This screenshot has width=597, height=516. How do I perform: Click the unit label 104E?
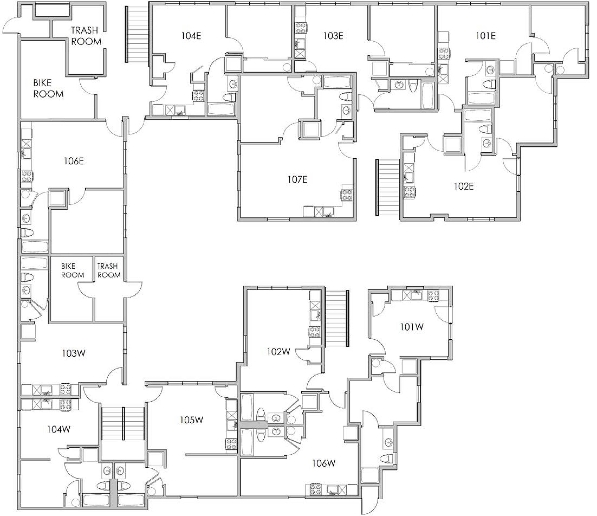pos(191,36)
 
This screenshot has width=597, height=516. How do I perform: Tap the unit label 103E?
pos(333,36)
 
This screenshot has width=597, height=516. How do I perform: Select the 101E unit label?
pos(486,36)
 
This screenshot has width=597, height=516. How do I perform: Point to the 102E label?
pos(464,186)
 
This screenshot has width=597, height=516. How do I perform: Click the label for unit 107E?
pos(297,180)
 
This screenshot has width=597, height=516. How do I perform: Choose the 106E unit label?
pos(74,161)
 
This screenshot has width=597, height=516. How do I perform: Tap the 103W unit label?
pos(74,353)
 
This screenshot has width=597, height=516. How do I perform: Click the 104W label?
pos(59,430)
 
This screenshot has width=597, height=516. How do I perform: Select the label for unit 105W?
pos(192,420)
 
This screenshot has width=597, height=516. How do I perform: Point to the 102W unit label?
pos(278,352)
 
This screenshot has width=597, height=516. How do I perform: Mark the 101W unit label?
pos(412,327)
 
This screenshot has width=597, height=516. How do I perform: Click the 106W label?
pos(324,463)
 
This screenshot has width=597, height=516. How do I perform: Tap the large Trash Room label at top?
pos(86,36)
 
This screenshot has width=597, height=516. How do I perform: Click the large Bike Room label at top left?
pos(48,88)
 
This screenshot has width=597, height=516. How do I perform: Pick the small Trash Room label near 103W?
pos(109,270)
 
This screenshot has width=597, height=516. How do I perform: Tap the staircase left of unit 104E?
pos(137,34)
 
